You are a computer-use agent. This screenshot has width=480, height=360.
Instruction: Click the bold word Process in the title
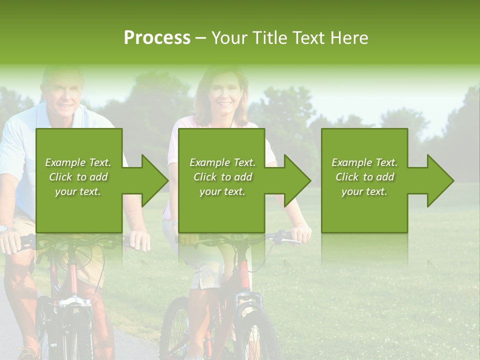(157, 38)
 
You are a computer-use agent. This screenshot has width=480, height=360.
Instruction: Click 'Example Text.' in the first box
(78, 162)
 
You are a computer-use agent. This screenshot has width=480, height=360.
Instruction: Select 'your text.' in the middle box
(222, 191)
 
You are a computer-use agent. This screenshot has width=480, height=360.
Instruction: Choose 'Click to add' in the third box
(364, 177)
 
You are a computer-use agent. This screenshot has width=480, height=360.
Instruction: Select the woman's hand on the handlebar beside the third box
(301, 234)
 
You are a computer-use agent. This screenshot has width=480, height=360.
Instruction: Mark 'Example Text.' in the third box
(364, 162)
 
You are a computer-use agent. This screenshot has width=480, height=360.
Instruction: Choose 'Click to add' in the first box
(78, 177)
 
